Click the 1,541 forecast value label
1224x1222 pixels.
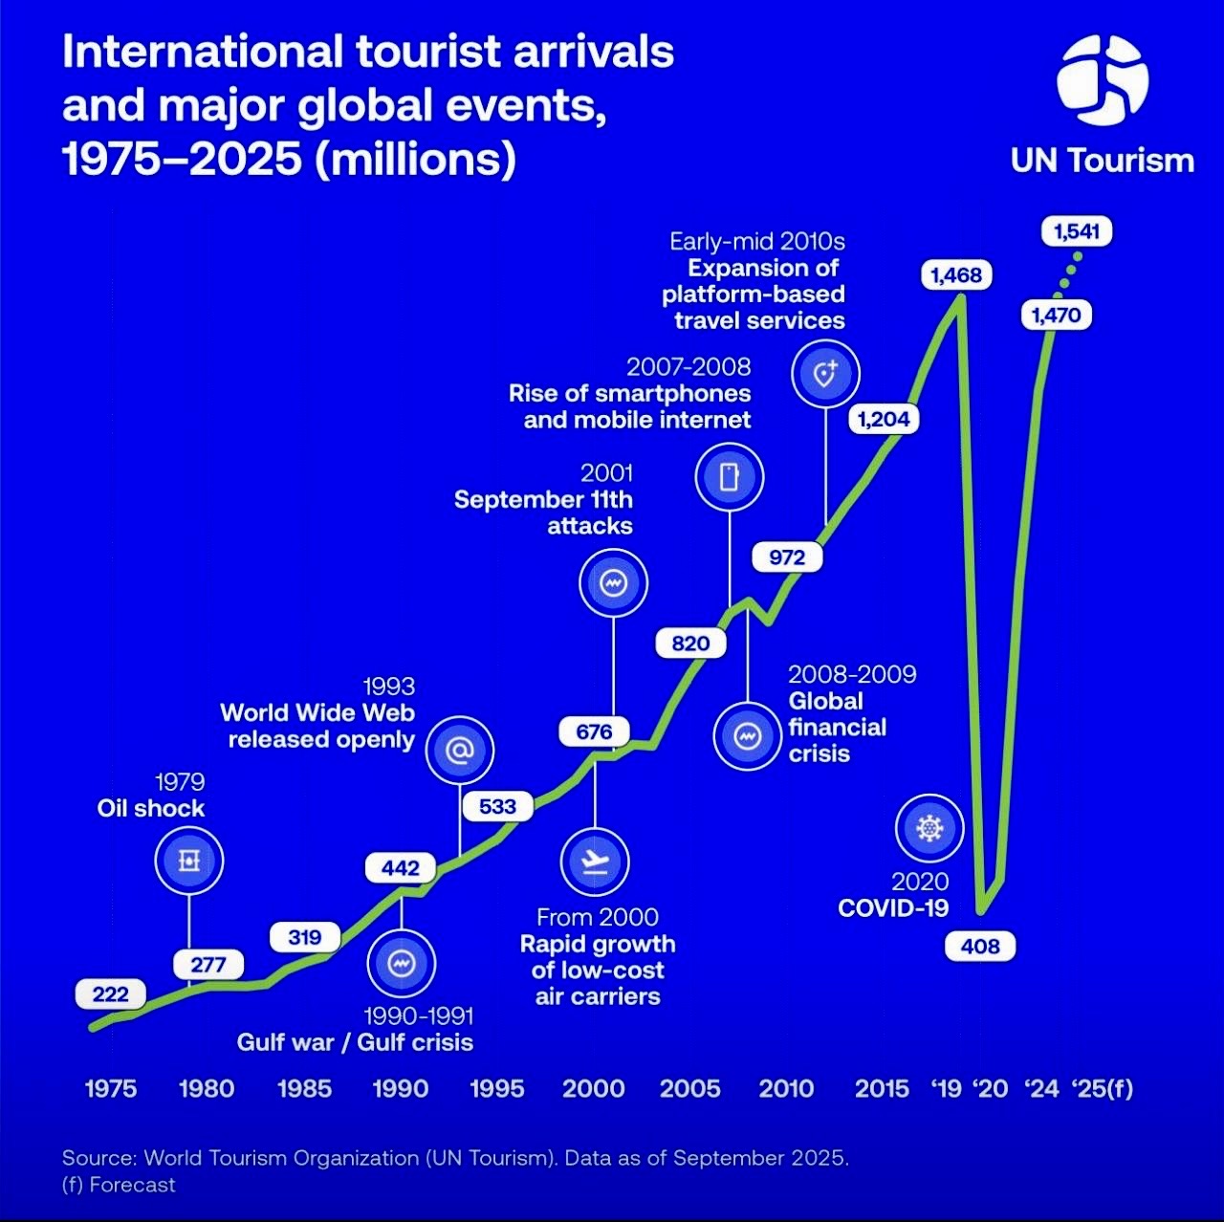click(x=1077, y=231)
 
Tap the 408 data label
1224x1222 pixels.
click(x=980, y=947)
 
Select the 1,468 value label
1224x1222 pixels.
click(x=956, y=275)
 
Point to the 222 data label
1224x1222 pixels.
click(x=110, y=994)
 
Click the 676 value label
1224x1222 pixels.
click(x=594, y=731)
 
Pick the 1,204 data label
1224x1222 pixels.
click(x=884, y=419)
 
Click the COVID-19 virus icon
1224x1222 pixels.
click(x=929, y=828)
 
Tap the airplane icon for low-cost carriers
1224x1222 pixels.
click(x=595, y=862)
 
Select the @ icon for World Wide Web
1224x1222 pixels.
click(x=460, y=751)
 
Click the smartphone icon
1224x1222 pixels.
click(x=730, y=476)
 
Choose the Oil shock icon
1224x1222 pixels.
click(x=189, y=861)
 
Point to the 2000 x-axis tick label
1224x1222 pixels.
click(x=593, y=1088)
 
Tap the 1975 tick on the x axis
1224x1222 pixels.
click(x=111, y=1088)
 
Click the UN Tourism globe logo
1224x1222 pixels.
click(x=1102, y=80)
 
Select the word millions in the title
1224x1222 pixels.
click(x=416, y=159)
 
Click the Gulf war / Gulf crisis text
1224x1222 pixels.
click(x=355, y=1042)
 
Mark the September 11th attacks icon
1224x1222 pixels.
click(x=613, y=582)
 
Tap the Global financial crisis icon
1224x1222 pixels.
click(x=748, y=736)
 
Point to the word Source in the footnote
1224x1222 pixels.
click(x=98, y=1158)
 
